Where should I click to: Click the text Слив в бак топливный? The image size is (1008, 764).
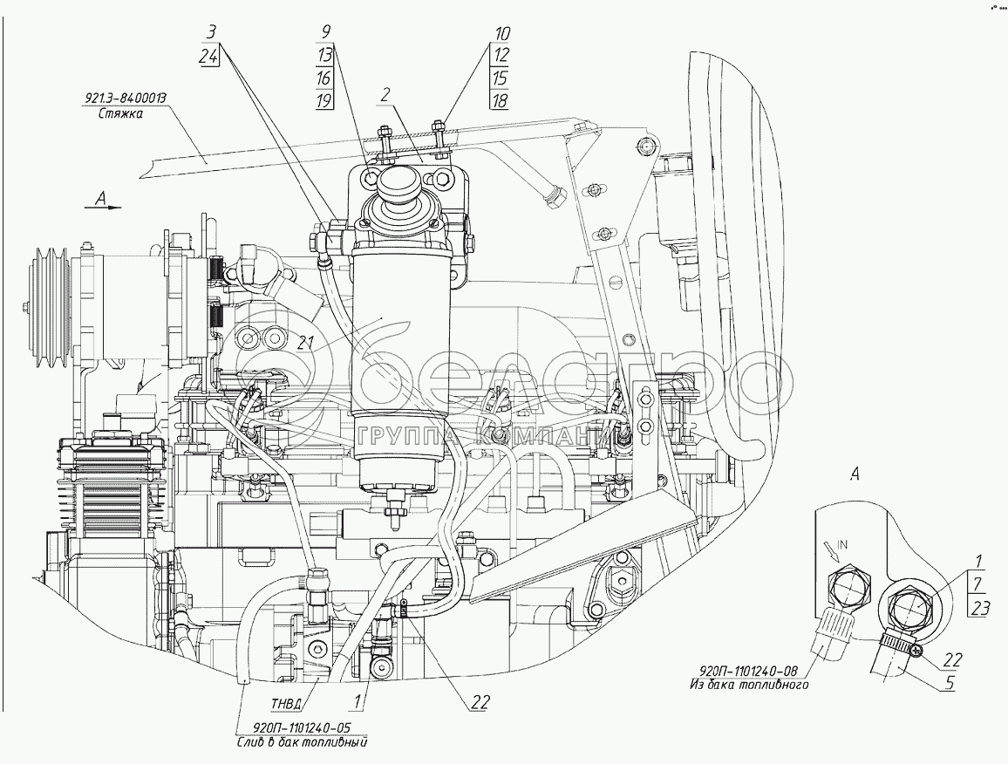(301, 743)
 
